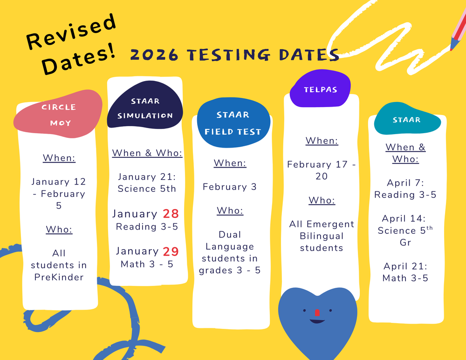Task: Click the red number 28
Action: coord(171,214)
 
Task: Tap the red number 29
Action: coord(171,251)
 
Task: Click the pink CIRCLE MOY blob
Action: coord(59,115)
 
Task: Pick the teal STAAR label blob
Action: coord(407,119)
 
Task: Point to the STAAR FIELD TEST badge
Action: coord(233,123)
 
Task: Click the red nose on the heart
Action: coord(316,312)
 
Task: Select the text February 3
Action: coord(230,187)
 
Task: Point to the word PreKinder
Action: coord(59,277)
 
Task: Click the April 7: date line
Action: coord(405,183)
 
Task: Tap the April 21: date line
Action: coord(405,266)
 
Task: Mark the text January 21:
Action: coord(147,177)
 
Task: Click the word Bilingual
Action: coord(322,236)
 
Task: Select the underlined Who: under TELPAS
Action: coord(322,200)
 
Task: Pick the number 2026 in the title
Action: coord(154,55)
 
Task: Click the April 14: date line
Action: coord(405,218)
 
